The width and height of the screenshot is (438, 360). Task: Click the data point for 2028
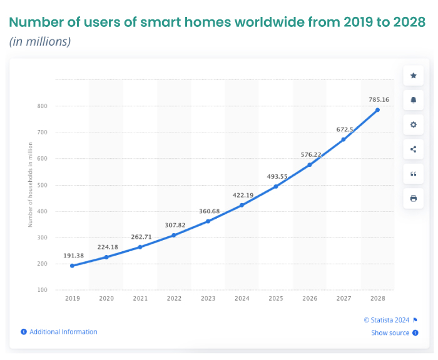[377, 110]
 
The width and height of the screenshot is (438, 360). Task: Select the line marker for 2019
[72, 266]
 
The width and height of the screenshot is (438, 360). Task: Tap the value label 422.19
[242, 195]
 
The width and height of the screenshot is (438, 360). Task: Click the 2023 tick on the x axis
[208, 299]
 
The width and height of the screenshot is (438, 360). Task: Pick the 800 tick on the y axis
[42, 106]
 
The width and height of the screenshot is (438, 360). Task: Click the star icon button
[413, 76]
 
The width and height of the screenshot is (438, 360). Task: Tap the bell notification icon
[413, 100]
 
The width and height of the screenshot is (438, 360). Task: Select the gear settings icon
[413, 124]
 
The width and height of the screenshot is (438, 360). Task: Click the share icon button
[413, 149]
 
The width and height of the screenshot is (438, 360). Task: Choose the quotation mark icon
[413, 174]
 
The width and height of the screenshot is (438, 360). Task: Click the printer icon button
[413, 198]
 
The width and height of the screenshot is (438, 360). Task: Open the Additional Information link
[63, 332]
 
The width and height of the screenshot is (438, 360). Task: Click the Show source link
[390, 333]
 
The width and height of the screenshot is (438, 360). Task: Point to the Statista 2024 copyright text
[386, 319]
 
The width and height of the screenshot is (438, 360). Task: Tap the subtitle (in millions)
[40, 42]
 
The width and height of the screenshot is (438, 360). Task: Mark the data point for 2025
[276, 186]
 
